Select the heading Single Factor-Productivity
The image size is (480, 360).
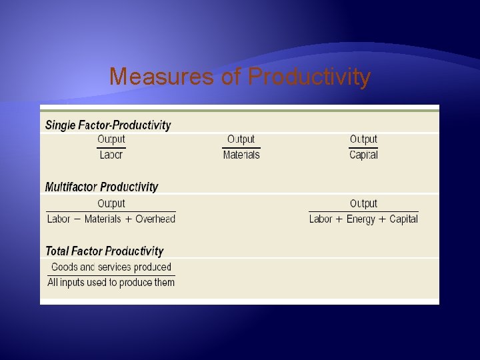tap(107, 125)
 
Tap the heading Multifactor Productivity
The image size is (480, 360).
tap(101, 187)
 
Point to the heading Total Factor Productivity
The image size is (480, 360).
tap(104, 251)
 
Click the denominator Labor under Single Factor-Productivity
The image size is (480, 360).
tap(111, 155)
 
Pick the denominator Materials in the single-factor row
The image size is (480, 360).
tap(241, 155)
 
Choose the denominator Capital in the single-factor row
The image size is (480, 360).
tap(363, 155)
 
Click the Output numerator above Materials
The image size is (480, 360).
tap(241, 139)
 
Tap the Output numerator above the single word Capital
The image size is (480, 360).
tap(363, 139)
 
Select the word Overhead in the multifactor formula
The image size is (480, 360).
tap(155, 219)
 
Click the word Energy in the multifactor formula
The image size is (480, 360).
tap(361, 219)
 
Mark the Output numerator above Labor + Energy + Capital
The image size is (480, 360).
tap(363, 203)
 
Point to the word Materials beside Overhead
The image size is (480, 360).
tap(103, 219)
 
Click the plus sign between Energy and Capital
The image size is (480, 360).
tap(383, 219)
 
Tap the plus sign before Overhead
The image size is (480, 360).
tap(128, 219)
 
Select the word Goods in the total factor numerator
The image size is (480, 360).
tap(64, 267)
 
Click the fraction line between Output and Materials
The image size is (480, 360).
tap(241, 147)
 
